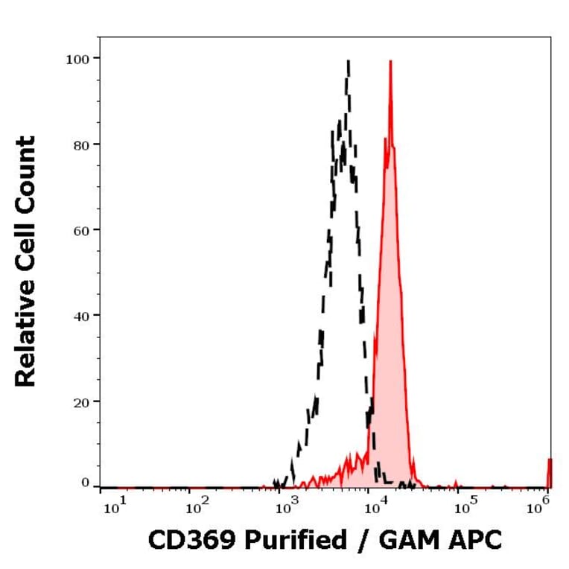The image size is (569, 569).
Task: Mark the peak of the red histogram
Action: coord(390,62)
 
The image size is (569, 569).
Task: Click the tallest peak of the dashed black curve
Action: coord(348,62)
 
